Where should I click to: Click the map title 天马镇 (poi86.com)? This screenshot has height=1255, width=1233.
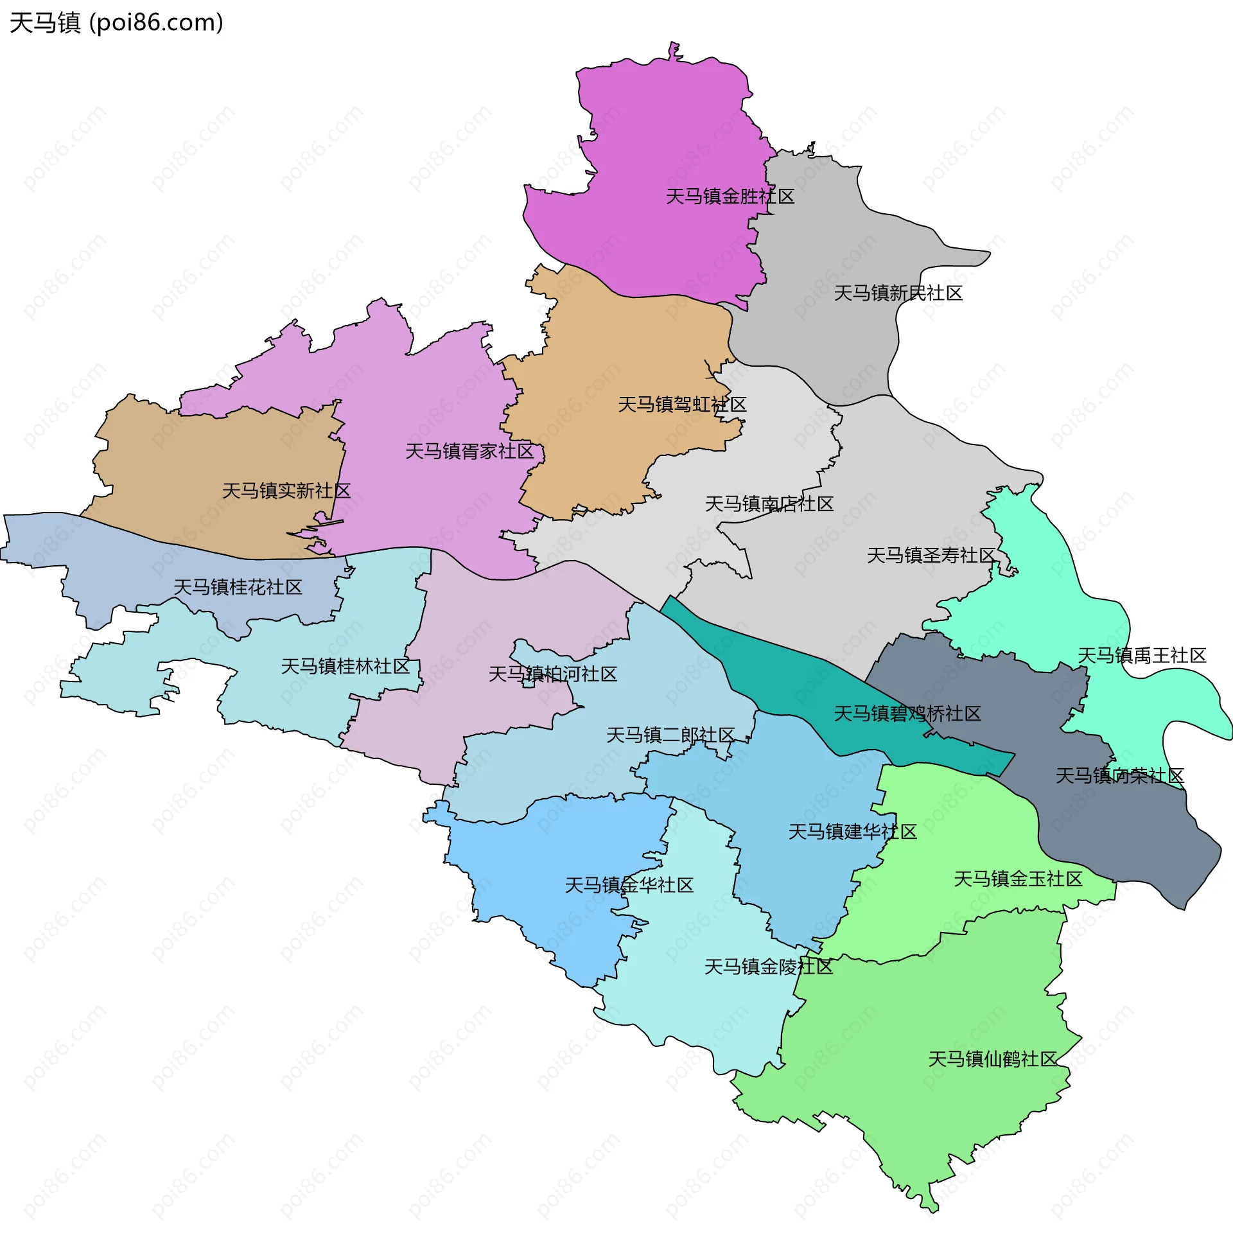tap(117, 22)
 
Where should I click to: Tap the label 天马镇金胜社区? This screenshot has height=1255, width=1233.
tap(730, 197)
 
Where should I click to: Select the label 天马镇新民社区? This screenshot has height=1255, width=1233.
tap(898, 294)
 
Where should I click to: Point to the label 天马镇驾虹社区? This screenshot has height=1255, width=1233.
tap(682, 405)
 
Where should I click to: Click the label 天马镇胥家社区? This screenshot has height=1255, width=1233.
tap(469, 452)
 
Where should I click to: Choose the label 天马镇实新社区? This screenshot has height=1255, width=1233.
tap(286, 491)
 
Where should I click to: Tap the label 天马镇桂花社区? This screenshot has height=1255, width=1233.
tap(238, 587)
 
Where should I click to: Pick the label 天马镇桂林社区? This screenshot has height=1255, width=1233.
tap(345, 666)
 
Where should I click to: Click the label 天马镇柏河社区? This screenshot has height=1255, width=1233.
tap(552, 674)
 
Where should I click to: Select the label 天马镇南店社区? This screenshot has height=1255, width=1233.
tap(769, 504)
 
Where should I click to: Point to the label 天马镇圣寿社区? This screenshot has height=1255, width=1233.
tap(931, 556)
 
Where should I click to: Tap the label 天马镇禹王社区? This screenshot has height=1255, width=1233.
tap(1141, 656)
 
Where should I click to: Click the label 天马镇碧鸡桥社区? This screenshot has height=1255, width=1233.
tap(907, 714)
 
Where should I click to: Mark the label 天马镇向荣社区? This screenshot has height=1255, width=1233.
tap(1120, 776)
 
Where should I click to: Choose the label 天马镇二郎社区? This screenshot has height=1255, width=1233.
tap(670, 735)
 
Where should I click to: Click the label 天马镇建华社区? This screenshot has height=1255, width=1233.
tap(852, 832)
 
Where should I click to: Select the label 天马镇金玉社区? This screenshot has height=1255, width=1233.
tap(1018, 879)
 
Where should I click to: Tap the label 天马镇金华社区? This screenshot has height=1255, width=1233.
tap(629, 885)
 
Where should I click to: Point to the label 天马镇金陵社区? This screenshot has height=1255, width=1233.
tap(768, 967)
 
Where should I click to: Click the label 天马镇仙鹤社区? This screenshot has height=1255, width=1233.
tap(992, 1060)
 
